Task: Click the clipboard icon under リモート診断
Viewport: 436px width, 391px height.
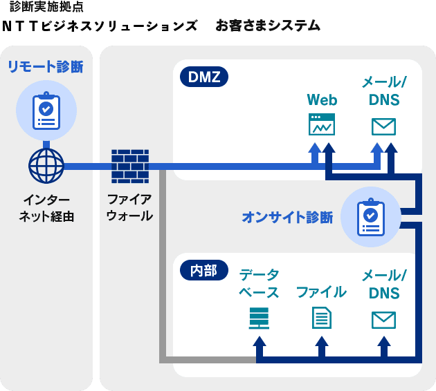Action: (x=46, y=110)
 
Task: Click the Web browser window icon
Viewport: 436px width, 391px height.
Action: (x=322, y=124)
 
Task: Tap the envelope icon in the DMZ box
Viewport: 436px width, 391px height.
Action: (x=383, y=126)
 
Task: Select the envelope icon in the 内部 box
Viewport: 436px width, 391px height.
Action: (x=383, y=319)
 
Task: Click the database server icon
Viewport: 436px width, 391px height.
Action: (x=259, y=318)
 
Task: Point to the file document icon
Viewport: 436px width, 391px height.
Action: (x=321, y=318)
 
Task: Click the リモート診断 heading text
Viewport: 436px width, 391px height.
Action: (x=46, y=67)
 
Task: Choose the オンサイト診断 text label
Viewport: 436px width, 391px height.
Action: (x=287, y=217)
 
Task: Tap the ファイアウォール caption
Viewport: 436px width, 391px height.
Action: (x=129, y=207)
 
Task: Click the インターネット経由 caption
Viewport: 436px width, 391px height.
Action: (x=46, y=207)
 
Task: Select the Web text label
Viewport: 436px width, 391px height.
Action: (x=322, y=99)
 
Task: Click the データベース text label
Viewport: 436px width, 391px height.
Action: (x=259, y=283)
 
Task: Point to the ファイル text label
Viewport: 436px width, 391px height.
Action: (x=321, y=292)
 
